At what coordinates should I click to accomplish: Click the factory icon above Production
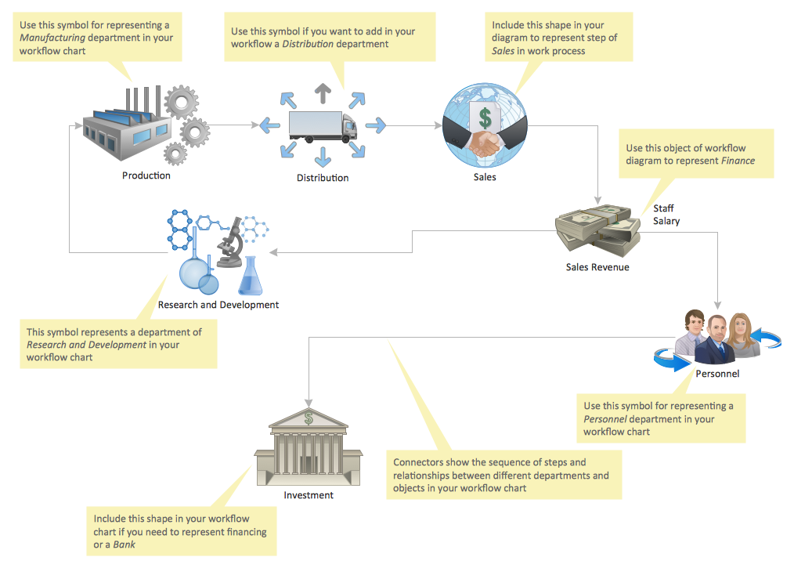(125, 129)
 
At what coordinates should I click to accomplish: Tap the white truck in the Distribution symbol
(322, 126)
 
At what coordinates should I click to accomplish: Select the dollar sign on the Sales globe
(485, 118)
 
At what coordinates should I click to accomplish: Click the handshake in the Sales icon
(485, 143)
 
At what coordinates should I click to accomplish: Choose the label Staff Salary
(666, 215)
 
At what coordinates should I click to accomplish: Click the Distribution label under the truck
(323, 178)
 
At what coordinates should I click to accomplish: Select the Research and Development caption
(218, 305)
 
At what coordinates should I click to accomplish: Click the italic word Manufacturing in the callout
(52, 38)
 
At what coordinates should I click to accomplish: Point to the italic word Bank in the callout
(125, 544)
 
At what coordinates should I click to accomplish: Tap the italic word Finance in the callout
(738, 161)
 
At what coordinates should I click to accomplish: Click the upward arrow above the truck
(321, 92)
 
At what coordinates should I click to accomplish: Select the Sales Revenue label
(597, 267)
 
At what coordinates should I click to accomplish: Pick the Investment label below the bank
(309, 495)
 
